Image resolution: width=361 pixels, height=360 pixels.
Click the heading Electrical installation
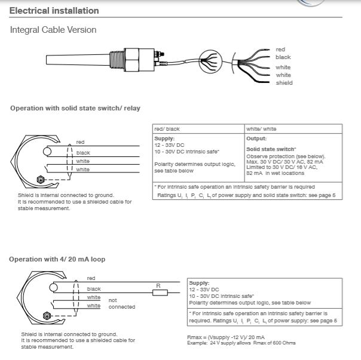pos(54,11)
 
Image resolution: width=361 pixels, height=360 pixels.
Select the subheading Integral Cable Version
pos(53,30)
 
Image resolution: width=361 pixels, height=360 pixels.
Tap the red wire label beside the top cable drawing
pos(280,50)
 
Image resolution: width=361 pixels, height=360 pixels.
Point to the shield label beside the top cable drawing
pos(284,83)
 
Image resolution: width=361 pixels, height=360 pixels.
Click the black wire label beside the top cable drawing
pos(283,57)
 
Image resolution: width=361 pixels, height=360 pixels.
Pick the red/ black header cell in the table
pos(167,129)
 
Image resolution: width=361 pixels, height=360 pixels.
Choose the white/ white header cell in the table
pos(261,129)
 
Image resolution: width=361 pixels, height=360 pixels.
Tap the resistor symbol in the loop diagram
pos(158,293)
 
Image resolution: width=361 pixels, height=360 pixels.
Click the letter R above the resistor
pos(158,286)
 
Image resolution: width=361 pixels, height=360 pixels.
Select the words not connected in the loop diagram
pos(121,303)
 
